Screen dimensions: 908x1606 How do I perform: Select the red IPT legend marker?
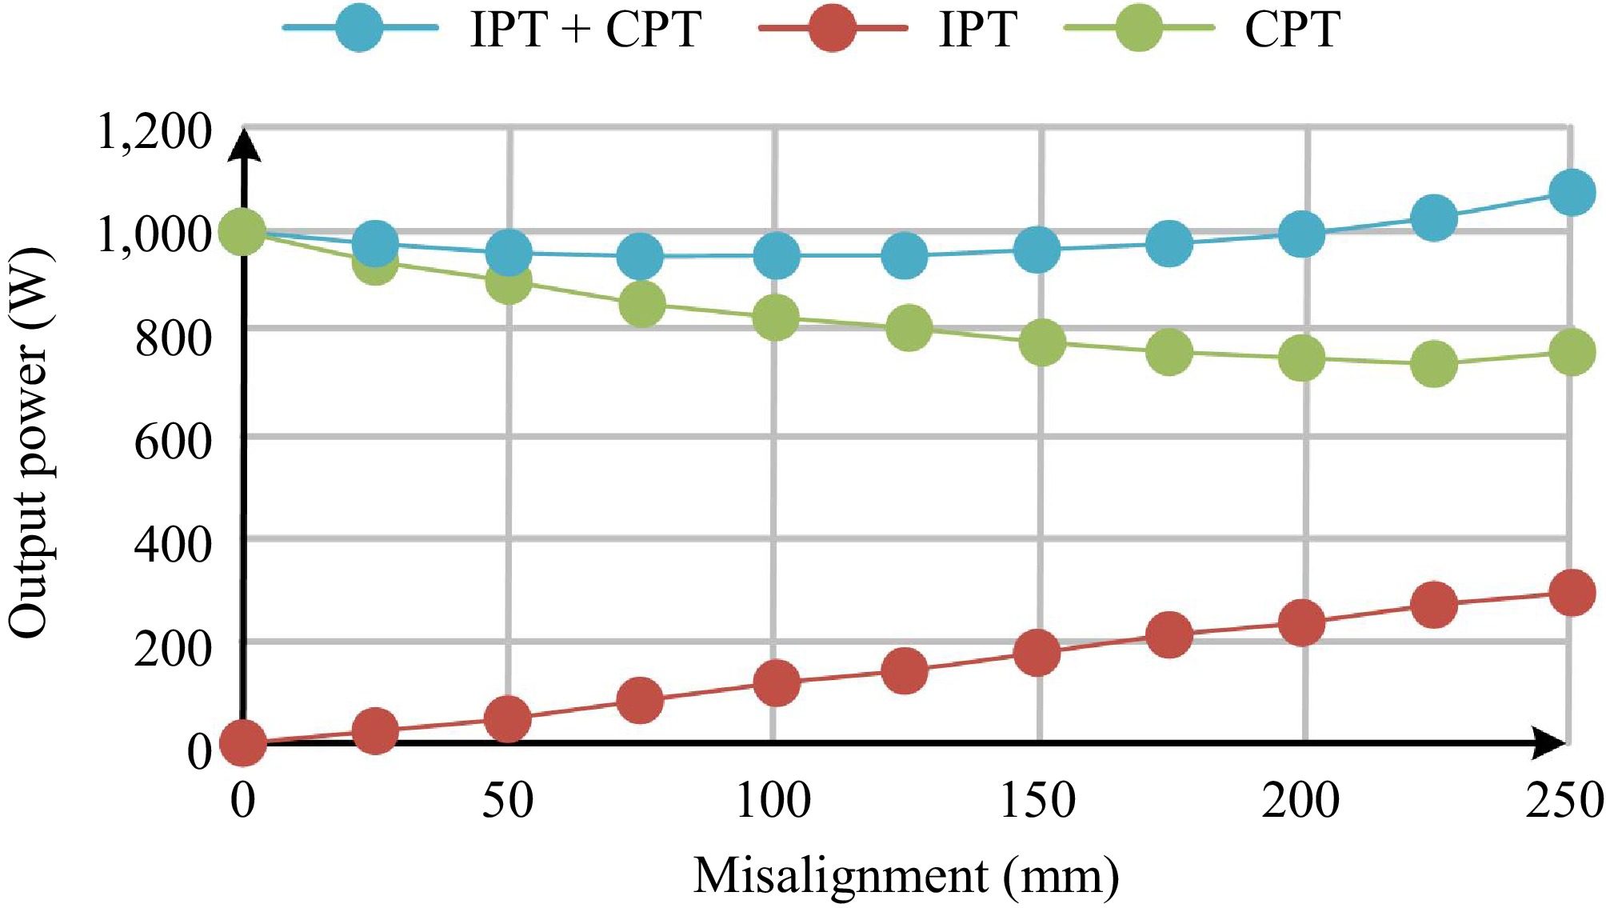click(832, 28)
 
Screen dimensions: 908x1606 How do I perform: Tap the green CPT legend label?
click(1292, 30)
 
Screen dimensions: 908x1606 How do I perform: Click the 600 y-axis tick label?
click(173, 441)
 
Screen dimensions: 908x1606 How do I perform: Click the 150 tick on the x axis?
click(1038, 799)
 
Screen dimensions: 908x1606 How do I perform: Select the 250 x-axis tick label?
click(1564, 799)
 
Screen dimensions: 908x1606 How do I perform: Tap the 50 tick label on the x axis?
click(507, 799)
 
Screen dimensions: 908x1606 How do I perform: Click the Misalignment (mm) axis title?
click(906, 875)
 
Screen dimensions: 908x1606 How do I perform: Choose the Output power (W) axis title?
click(29, 444)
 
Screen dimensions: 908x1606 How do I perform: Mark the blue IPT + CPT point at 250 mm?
click(1572, 192)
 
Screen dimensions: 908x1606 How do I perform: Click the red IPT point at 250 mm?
click(1572, 593)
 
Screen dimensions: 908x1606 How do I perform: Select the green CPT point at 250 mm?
click(1572, 352)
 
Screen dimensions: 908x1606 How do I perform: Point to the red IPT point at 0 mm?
click(242, 742)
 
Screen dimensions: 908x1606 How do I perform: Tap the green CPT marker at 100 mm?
click(775, 317)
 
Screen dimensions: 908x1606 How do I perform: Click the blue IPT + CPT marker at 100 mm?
click(775, 256)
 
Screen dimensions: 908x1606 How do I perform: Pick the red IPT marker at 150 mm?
click(1037, 652)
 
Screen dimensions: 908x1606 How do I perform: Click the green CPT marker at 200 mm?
click(1301, 357)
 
